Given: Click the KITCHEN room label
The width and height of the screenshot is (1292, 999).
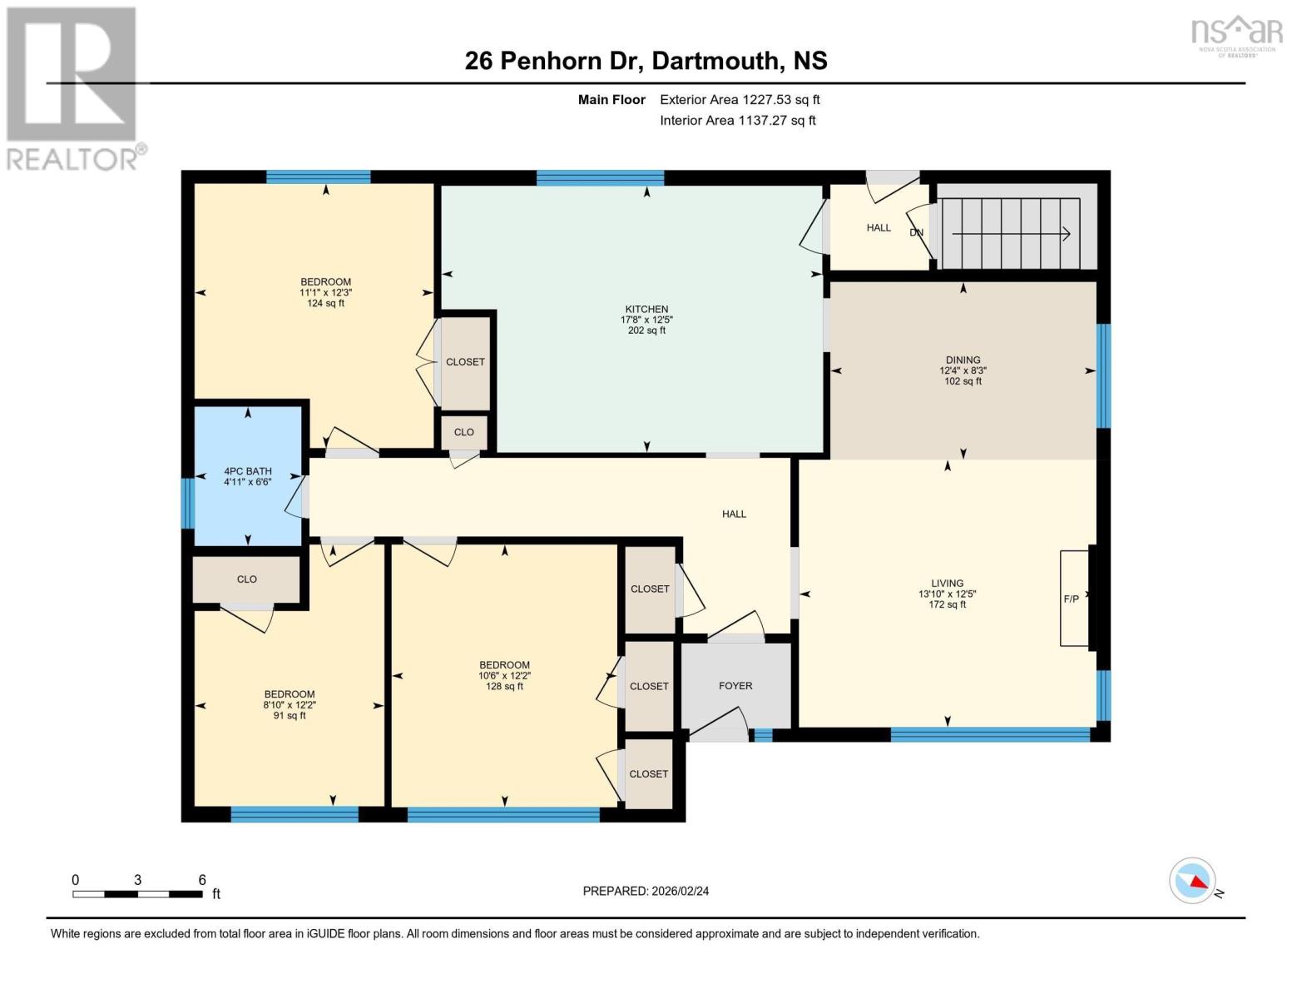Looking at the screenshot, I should click(x=646, y=309).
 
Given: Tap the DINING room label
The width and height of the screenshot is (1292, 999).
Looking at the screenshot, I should click(x=963, y=360).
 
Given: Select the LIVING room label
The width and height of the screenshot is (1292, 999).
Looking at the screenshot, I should click(x=947, y=584).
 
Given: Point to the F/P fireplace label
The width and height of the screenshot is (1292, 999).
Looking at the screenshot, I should click(x=1071, y=599).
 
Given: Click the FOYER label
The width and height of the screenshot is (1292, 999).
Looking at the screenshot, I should click(x=735, y=686).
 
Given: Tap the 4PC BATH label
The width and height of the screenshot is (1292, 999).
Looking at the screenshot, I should click(x=248, y=471).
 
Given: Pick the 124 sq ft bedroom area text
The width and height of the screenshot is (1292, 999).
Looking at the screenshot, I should click(x=325, y=304).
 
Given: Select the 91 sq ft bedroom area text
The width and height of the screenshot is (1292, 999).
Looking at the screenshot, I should click(x=290, y=716).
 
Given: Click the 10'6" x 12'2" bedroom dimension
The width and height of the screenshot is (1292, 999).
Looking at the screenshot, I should click(x=504, y=676).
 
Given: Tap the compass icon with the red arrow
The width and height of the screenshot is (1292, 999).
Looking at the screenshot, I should click(x=1192, y=881).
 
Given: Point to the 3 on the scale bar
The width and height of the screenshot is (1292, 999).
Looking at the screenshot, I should click(x=137, y=880).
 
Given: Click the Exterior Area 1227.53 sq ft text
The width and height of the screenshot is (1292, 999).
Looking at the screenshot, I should click(x=740, y=100).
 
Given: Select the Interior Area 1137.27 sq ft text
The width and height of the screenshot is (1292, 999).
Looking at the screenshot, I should click(x=737, y=121).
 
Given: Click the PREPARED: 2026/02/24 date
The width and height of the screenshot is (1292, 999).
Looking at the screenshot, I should click(x=646, y=891).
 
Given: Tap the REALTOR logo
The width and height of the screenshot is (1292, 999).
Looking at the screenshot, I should click(x=73, y=87).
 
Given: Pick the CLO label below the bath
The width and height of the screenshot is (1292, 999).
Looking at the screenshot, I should click(x=247, y=579).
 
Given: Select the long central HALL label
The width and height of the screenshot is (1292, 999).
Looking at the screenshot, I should click(x=734, y=514).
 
